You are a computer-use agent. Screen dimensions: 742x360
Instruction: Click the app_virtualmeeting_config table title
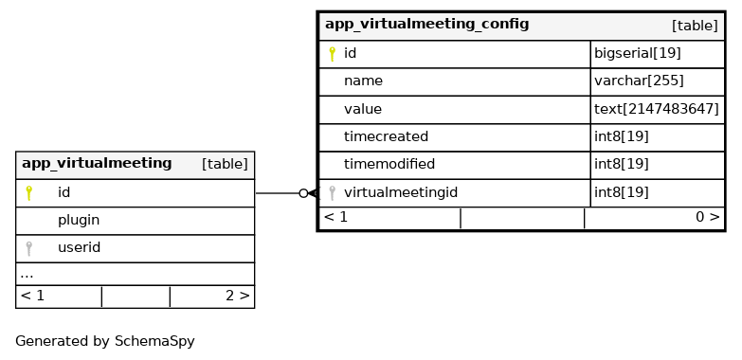coord(426,24)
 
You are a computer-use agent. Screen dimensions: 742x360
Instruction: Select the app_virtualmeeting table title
coord(97,163)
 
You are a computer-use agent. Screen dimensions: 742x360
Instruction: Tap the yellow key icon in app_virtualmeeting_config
coord(333,54)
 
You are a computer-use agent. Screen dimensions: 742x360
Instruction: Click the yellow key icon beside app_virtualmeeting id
coord(28,193)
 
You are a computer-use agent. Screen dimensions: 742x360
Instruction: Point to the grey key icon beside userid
coord(28,248)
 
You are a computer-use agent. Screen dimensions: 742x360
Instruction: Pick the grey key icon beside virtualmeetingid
coord(333,193)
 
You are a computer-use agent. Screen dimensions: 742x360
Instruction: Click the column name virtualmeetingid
coord(401,192)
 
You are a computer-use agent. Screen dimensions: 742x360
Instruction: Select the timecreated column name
coord(386,136)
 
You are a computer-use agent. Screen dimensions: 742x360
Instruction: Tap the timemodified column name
coord(389,164)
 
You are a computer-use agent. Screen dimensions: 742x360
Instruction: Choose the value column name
coord(363,109)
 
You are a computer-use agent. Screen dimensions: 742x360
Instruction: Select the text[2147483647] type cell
coord(657,109)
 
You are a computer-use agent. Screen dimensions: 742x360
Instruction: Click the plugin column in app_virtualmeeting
coord(79,221)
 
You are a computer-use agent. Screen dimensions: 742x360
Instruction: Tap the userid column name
coord(79,247)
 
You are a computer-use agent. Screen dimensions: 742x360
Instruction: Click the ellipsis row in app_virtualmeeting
coord(27,275)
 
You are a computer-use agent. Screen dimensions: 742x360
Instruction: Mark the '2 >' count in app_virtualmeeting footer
coord(237,296)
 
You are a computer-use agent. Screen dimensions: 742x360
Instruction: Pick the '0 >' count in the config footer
coord(707,217)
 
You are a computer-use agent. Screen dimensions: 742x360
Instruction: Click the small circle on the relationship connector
coord(304,193)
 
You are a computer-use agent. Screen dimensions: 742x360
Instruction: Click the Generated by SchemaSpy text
coord(105,341)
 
